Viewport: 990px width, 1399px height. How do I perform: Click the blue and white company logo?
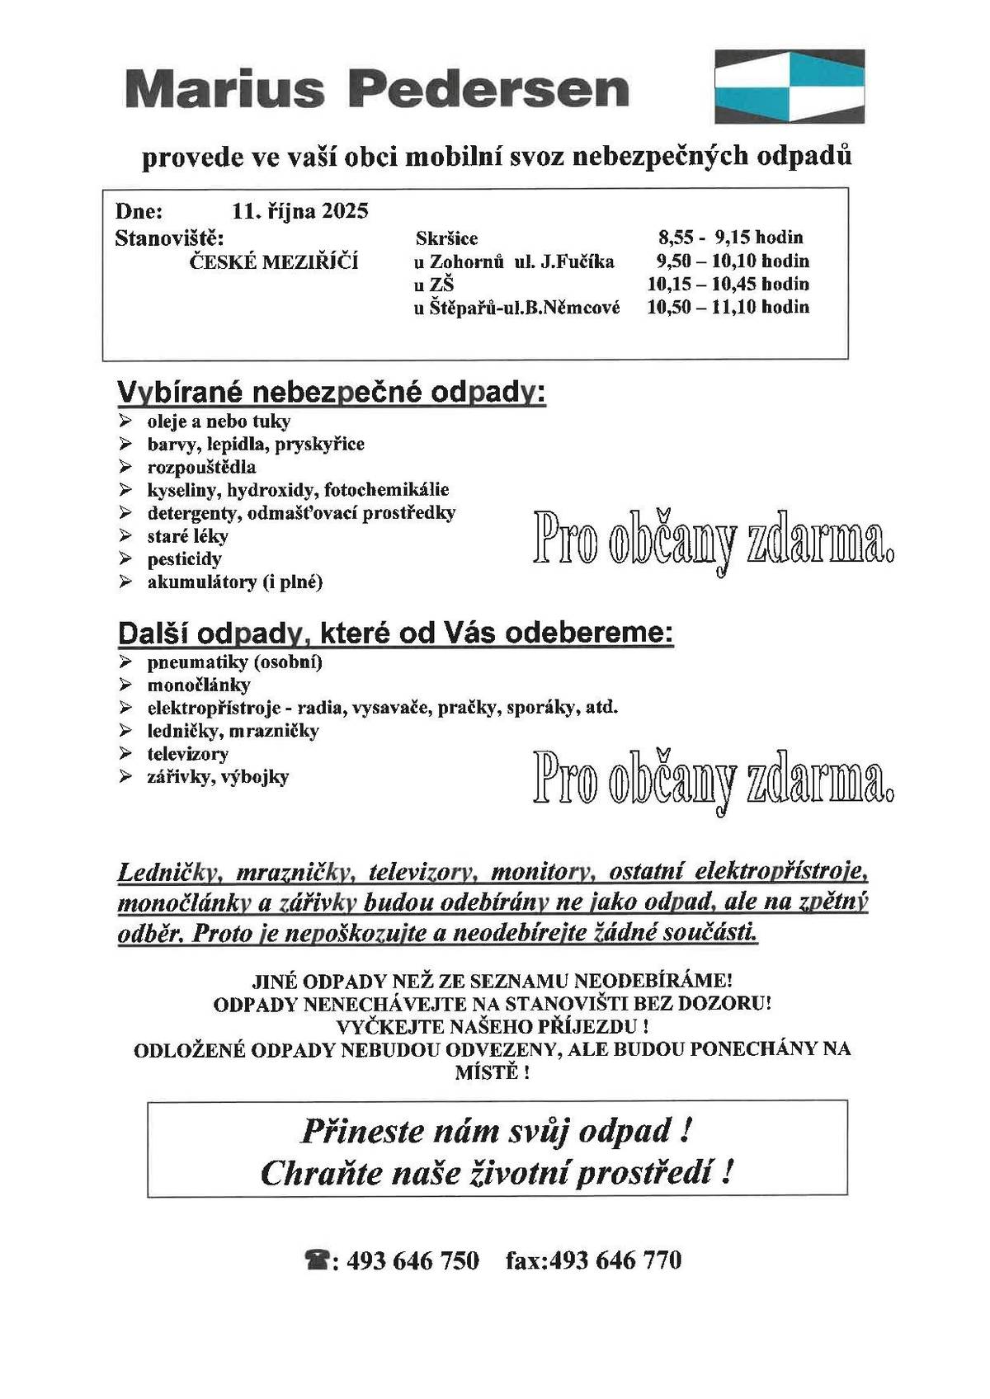click(x=789, y=86)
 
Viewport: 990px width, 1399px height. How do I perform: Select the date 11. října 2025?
click(x=300, y=211)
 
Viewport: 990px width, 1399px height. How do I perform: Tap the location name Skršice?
click(x=446, y=238)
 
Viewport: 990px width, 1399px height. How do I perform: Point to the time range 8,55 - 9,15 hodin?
click(x=730, y=238)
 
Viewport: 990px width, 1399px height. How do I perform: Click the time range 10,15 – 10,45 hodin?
click(x=728, y=285)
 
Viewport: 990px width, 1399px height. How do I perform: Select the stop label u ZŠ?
click(x=434, y=285)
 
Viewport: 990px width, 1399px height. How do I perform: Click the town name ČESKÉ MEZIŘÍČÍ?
click(x=274, y=262)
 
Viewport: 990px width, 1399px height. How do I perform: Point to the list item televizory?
click(x=187, y=753)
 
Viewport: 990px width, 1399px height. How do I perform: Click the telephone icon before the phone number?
click(x=318, y=1260)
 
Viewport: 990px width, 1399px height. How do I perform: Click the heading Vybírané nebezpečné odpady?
click(x=332, y=393)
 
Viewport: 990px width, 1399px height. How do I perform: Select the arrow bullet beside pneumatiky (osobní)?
click(x=125, y=662)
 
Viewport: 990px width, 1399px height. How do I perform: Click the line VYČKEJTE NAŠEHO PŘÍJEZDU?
click(x=492, y=1027)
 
